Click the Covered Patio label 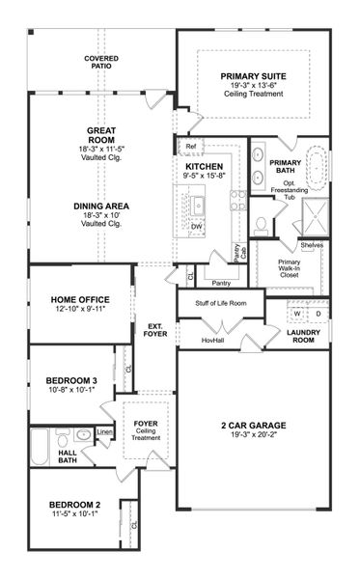point(101,63)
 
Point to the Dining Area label point(101,207)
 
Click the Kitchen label point(204,167)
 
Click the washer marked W point(295,314)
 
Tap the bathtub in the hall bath point(40,445)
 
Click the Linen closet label point(104,431)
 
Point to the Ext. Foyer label point(155,330)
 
